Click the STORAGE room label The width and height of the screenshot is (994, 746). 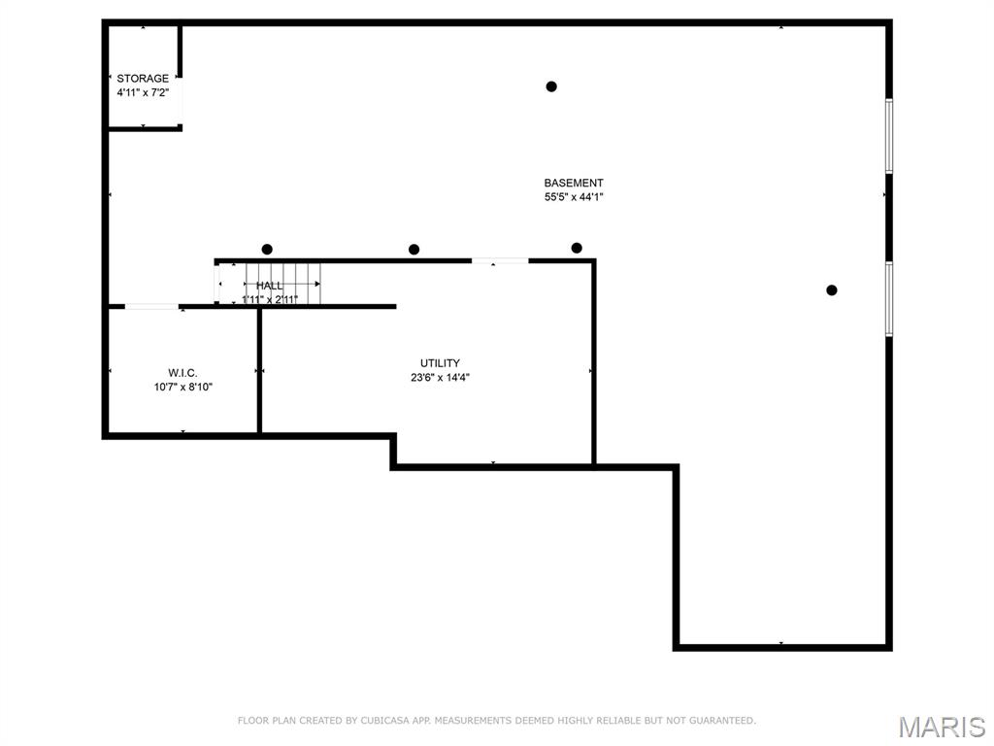143,79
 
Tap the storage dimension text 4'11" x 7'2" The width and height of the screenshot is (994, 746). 143,93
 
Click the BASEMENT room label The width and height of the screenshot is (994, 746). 574,183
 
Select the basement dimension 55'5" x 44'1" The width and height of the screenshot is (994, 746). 574,197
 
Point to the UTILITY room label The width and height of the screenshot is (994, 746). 440,363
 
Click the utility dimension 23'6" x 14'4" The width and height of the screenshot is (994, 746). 440,378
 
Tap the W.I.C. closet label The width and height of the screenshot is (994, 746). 182,372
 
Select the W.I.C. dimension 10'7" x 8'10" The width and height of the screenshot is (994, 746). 182,387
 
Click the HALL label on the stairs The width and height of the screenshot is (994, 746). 270,286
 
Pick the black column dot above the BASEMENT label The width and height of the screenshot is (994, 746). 551,86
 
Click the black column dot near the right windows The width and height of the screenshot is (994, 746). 832,289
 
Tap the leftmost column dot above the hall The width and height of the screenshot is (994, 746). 267,249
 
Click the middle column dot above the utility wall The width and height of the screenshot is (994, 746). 414,250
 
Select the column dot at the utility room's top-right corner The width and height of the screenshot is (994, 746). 577,248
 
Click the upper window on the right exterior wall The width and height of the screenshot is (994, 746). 888,136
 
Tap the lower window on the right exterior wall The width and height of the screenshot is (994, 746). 888,299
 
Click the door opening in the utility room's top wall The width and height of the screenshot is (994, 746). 500,260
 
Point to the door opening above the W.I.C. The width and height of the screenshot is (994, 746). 151,307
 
